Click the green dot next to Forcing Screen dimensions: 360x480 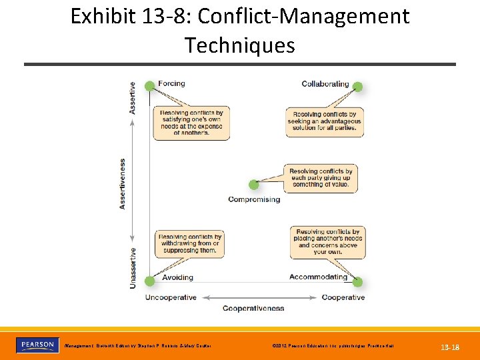(x=149, y=85)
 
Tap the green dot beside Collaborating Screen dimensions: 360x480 (x=357, y=87)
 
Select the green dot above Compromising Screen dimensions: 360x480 (x=253, y=185)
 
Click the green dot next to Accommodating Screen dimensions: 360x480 (x=357, y=281)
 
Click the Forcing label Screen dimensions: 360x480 (x=171, y=83)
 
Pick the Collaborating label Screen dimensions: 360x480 (x=325, y=84)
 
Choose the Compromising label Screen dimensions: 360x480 (x=254, y=199)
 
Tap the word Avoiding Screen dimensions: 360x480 (x=177, y=277)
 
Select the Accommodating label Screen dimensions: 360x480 (x=318, y=277)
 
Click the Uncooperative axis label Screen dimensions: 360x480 (x=171, y=297)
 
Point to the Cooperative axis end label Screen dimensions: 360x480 (x=343, y=297)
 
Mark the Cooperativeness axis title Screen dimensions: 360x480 (x=253, y=308)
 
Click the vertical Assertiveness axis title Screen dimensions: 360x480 (x=123, y=183)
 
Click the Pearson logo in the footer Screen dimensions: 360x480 (x=37, y=345)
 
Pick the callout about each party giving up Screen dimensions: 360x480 (x=321, y=178)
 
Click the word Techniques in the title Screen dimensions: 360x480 (x=239, y=45)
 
